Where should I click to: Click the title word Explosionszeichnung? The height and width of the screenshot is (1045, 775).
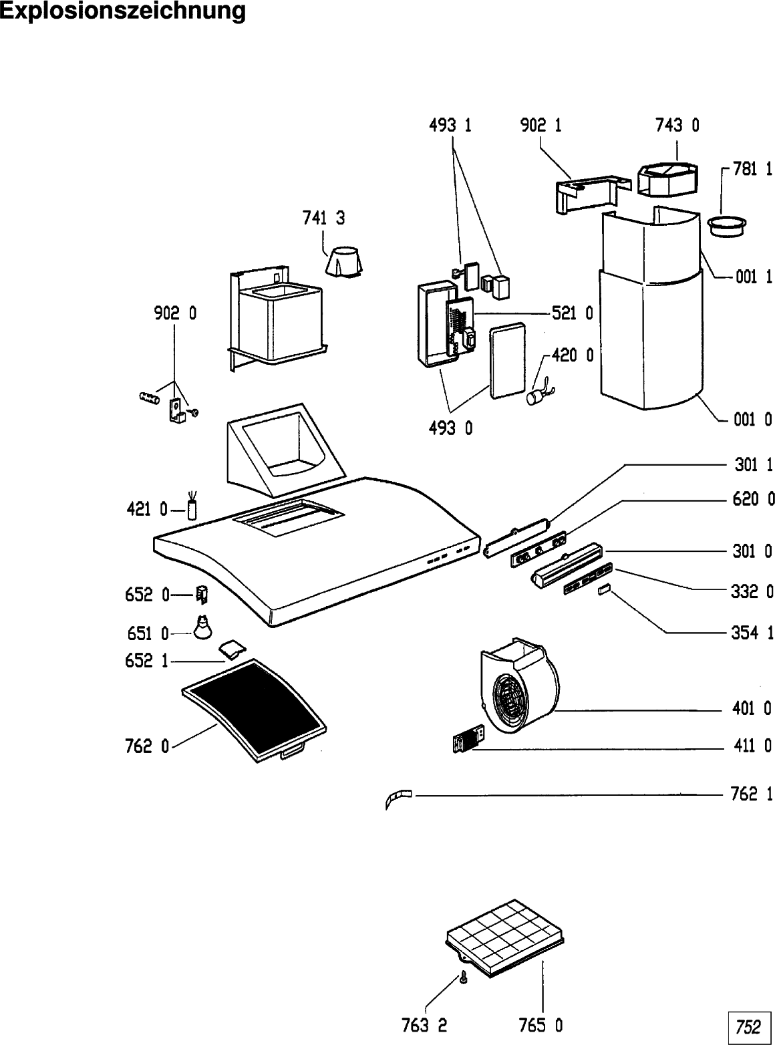(123, 11)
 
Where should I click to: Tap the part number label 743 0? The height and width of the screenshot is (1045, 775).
(677, 125)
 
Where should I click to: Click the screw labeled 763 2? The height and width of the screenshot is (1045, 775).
(463, 979)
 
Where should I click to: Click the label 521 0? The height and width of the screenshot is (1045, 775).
(573, 313)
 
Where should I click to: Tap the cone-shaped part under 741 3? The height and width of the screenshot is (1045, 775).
(344, 261)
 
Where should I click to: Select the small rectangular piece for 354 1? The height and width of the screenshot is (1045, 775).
(603, 589)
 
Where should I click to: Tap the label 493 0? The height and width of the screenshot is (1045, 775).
(450, 428)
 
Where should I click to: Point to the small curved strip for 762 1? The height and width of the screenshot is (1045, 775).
(399, 798)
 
